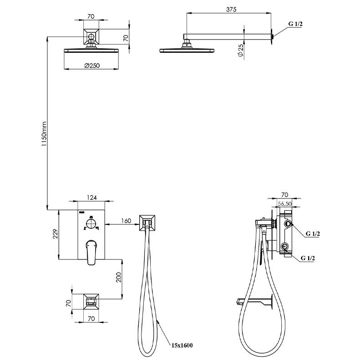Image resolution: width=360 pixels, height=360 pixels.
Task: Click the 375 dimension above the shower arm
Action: [x=231, y=10]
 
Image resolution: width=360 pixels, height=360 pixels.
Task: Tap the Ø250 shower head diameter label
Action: [x=92, y=66]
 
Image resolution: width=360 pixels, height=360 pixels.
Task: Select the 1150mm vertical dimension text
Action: [x=44, y=134]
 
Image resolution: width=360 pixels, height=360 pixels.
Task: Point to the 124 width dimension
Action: [x=92, y=198]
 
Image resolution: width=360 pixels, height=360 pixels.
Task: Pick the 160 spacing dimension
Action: [x=126, y=221]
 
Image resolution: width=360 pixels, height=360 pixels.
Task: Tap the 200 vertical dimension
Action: [x=118, y=277]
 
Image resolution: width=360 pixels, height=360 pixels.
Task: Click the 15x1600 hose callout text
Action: [x=182, y=345]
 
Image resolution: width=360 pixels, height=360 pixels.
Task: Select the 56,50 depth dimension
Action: [x=285, y=203]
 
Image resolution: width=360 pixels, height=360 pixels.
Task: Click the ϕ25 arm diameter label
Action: [x=240, y=51]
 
